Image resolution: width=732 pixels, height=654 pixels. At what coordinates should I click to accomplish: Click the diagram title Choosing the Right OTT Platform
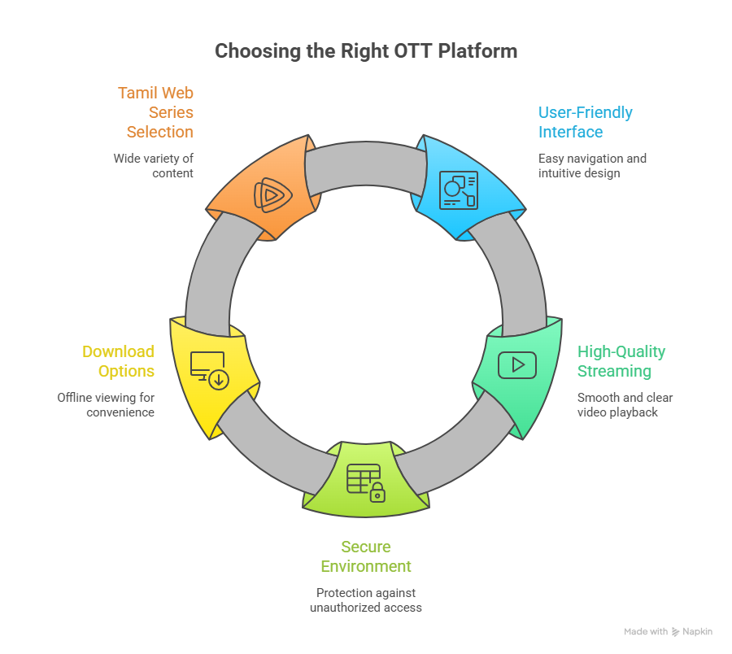point(365,51)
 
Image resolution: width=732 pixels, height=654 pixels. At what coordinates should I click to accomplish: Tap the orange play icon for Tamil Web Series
point(269,194)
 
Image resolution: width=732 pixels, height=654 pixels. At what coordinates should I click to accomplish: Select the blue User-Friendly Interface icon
point(458,190)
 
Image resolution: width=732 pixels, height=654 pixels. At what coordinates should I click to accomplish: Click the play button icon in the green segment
point(517,365)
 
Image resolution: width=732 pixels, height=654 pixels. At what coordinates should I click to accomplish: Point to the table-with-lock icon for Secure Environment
point(365,482)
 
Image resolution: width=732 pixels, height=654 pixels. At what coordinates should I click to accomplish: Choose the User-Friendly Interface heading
point(585,122)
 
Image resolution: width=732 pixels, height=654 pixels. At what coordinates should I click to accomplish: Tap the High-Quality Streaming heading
point(621,361)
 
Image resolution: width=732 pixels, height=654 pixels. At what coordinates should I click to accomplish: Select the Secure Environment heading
point(366,556)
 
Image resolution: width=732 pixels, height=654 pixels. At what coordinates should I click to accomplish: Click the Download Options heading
point(118,361)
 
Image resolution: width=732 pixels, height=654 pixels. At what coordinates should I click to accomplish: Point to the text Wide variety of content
point(154,165)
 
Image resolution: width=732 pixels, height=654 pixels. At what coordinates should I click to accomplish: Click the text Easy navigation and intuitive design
point(592,165)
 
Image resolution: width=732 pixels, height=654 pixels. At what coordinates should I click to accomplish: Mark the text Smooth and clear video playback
point(625,405)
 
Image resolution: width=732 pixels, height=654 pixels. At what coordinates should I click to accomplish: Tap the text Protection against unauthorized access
point(366,600)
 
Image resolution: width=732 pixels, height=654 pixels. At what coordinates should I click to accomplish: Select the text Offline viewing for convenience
point(106,405)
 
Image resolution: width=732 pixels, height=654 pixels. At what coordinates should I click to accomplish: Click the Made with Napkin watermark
point(669,632)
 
